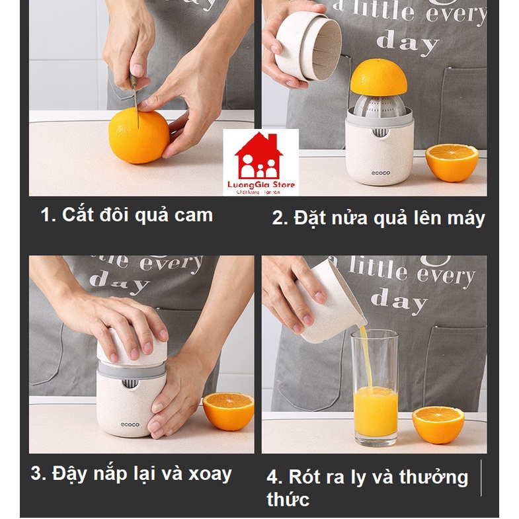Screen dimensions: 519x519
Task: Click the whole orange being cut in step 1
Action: point(138,137)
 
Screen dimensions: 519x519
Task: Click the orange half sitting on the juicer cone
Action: point(379,77)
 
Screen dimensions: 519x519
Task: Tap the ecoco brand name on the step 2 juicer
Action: point(379,173)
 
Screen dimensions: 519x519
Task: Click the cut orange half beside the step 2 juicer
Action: point(452,162)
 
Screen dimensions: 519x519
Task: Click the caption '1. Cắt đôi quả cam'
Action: point(127,214)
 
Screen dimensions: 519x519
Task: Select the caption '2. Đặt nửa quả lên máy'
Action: point(378,218)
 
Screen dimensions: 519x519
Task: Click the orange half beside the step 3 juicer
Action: point(228,410)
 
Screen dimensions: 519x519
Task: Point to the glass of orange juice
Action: point(375,390)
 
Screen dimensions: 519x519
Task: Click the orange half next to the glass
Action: point(438,424)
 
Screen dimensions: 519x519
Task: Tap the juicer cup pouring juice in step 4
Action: point(331,301)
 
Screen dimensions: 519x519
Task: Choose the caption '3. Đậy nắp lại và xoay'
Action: point(132,473)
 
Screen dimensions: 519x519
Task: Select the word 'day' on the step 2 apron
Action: point(407,44)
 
